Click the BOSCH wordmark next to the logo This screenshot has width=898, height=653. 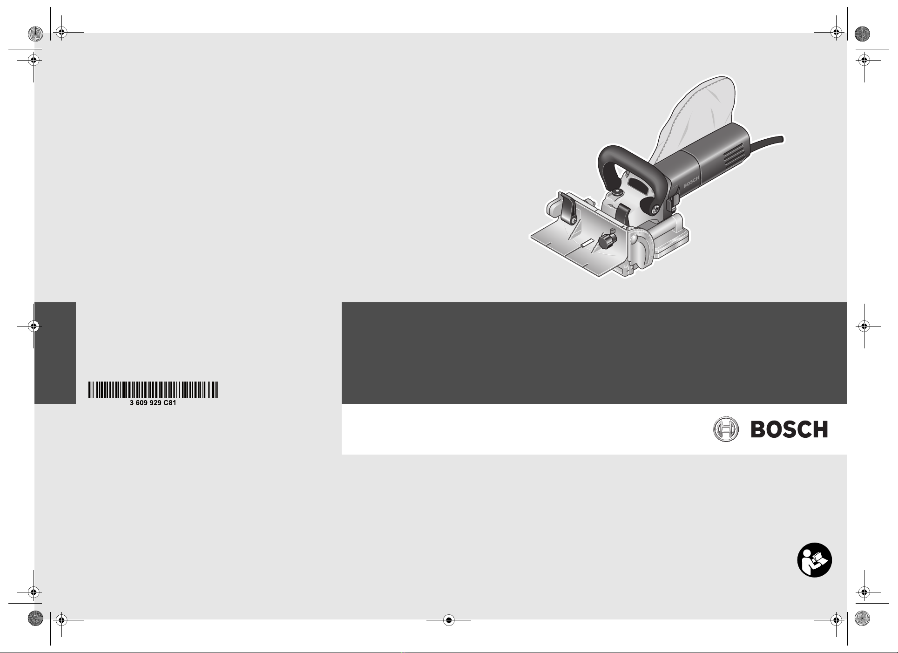point(790,429)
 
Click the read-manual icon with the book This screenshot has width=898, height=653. point(815,560)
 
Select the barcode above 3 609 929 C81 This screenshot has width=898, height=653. point(153,390)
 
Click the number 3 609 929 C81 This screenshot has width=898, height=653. point(153,403)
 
